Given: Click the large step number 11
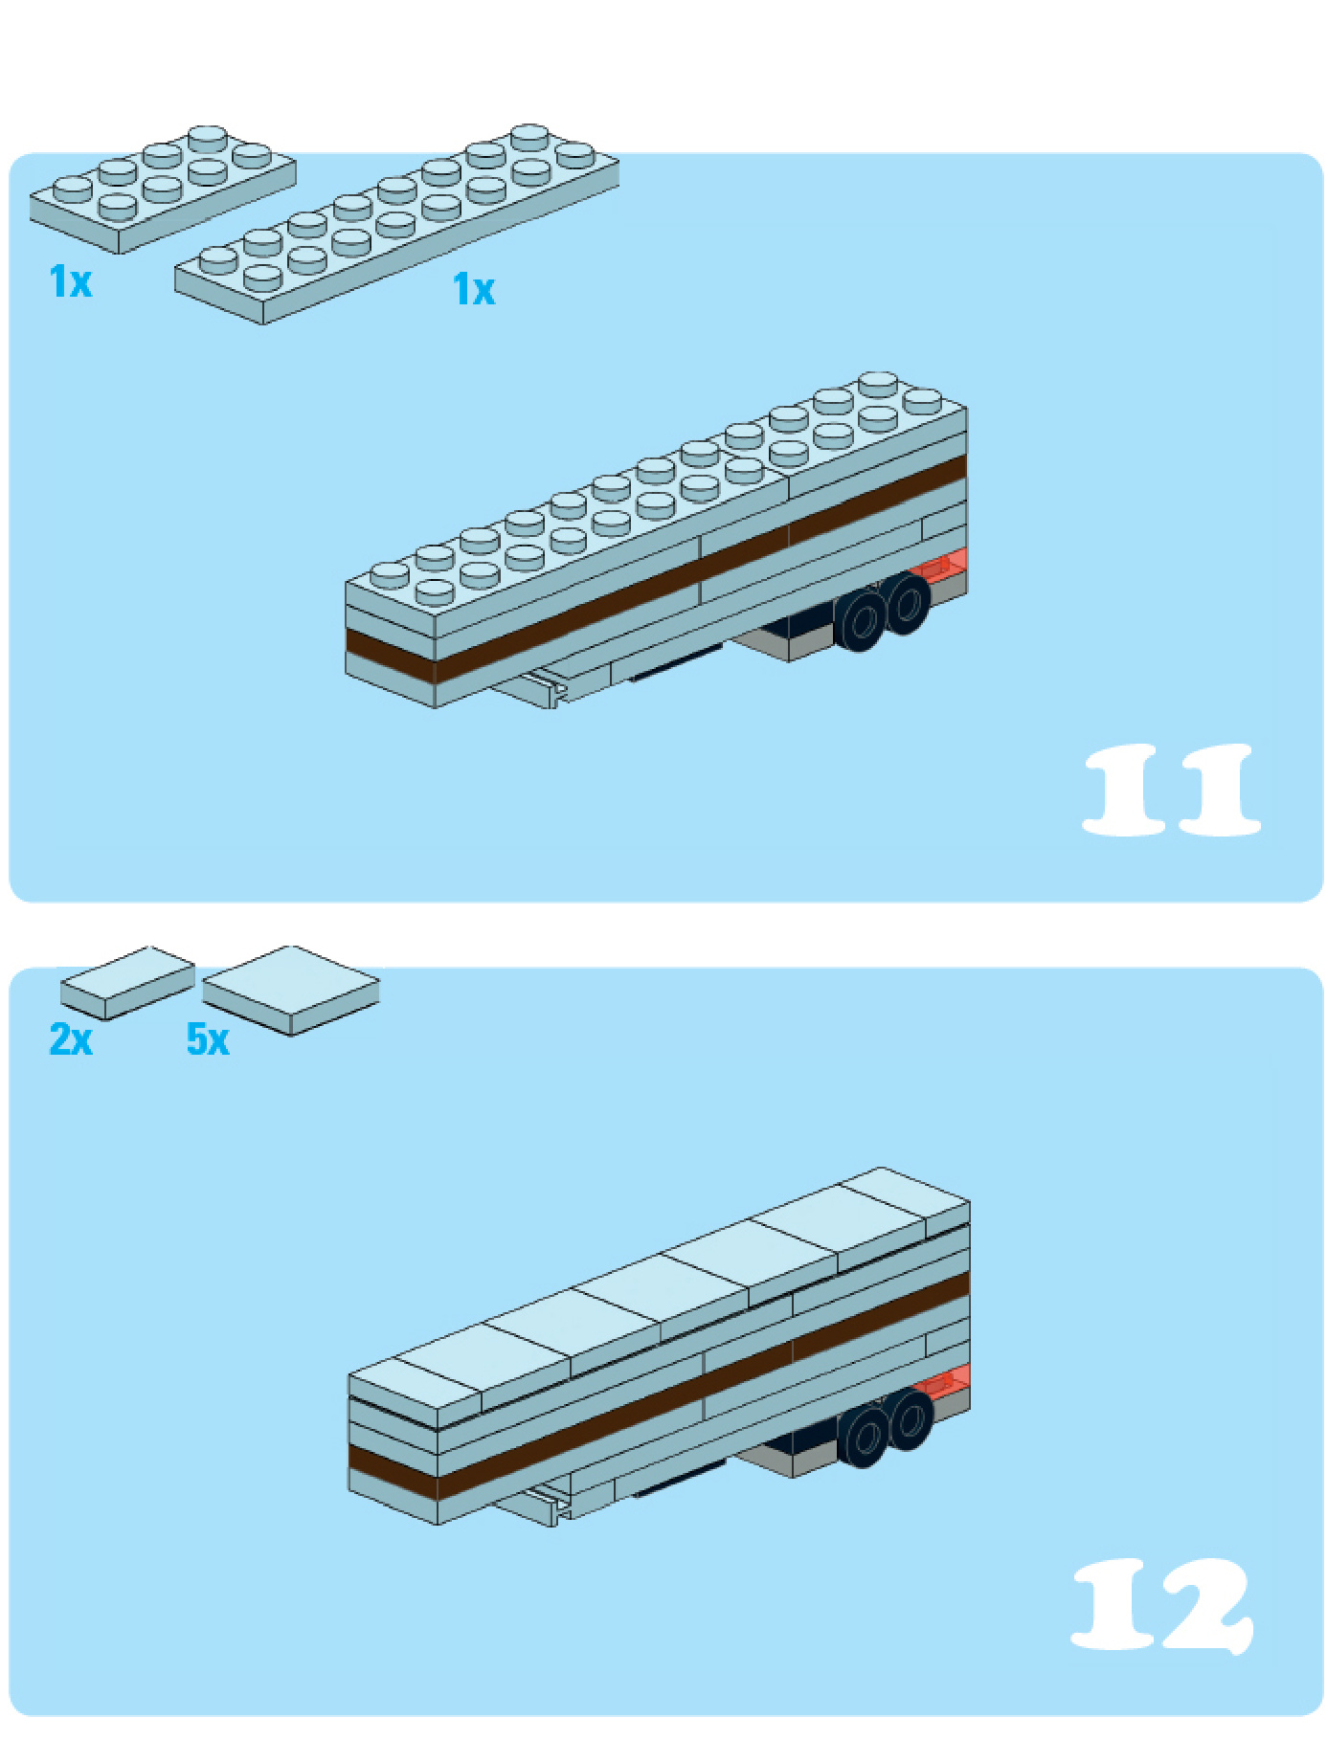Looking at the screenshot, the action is [1171, 790].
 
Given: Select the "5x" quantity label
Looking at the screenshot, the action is [208, 1038].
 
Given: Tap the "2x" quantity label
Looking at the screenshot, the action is [71, 1038].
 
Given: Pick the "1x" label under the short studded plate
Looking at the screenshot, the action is [71, 282].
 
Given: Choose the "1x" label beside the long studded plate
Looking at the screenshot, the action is [474, 289].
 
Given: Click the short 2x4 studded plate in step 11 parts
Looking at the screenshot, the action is [163, 189].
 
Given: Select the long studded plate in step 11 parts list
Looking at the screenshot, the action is [396, 224].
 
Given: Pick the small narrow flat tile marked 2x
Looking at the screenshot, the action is [127, 983].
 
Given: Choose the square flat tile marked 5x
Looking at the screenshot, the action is [291, 991].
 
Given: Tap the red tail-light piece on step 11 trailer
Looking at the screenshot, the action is [939, 567].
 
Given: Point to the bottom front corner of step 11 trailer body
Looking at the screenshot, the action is [436, 708].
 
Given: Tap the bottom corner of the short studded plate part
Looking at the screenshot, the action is [119, 255].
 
